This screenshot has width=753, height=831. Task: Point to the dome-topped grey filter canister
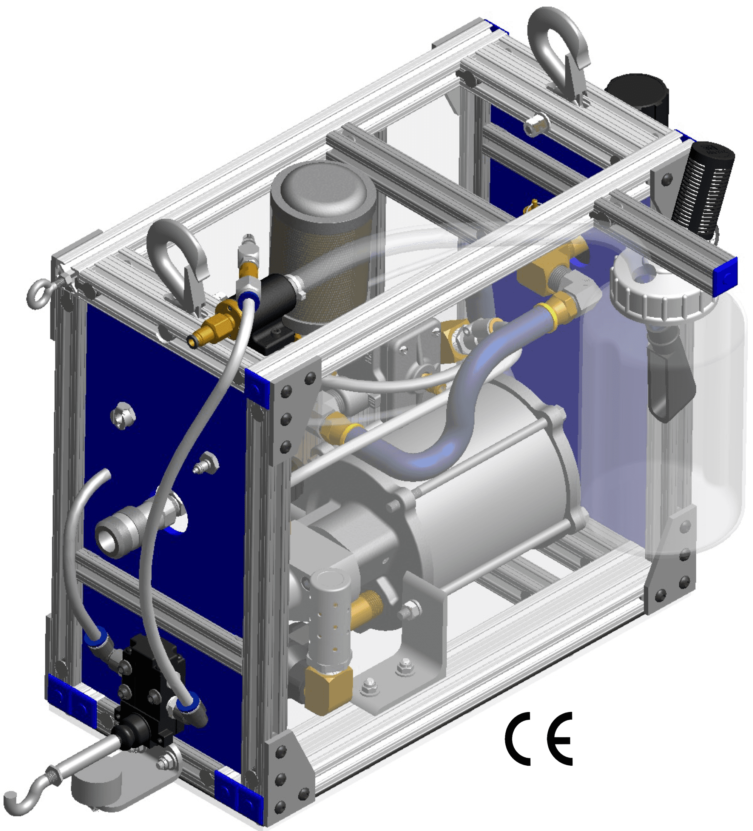pos(322,243)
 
